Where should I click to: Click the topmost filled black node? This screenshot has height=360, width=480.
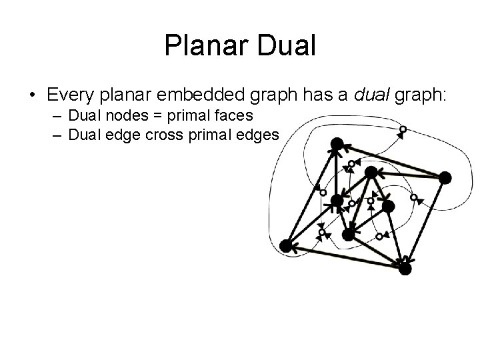coord(337,143)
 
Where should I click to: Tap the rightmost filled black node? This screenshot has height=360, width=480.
coord(445,177)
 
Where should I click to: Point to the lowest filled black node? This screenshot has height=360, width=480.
coord(405,269)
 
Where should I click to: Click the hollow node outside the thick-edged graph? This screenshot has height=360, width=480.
coord(402,129)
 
